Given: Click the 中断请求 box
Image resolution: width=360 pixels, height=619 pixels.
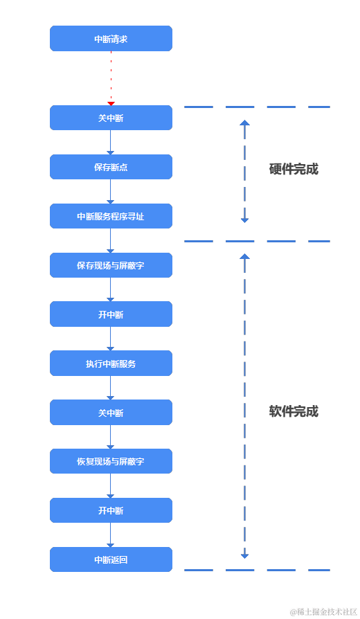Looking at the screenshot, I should pos(111,39).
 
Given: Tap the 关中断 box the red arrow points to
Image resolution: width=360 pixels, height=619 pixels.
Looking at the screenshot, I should pos(111,118).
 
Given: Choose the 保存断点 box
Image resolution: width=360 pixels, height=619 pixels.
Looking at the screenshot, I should pos(111,167).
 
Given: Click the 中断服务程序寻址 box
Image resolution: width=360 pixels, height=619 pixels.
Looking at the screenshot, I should pos(111,216).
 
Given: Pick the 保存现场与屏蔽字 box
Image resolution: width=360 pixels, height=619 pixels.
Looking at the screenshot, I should pos(111,265).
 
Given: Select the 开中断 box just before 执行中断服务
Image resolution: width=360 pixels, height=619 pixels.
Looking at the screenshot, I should pos(111,314).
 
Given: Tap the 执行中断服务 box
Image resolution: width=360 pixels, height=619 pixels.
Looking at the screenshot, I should pos(111,364).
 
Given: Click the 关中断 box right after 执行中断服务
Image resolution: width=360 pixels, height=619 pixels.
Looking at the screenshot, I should pos(111,413).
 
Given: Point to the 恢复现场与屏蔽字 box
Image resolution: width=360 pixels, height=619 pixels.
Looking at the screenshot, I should pos(111,461).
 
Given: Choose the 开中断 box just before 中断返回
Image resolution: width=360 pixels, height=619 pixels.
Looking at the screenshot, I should pos(111,510).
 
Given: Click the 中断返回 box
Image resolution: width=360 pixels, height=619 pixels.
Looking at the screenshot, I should pos(111,559).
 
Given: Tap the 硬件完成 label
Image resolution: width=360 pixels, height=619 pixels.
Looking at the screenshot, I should pos(294,169).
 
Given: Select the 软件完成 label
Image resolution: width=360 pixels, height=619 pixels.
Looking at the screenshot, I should pos(294,411).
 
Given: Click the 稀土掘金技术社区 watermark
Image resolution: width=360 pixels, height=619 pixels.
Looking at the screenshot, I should pos(323,610).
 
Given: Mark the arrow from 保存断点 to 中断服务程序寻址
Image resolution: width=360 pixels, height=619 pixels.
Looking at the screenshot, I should pos(111,192).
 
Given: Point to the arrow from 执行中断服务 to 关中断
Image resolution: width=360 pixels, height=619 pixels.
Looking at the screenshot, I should pos(111,388).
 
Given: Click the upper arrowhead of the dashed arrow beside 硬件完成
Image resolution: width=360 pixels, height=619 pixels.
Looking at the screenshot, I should pos(244,123).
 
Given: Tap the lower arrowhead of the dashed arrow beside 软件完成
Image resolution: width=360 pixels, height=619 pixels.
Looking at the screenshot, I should pos(244,555).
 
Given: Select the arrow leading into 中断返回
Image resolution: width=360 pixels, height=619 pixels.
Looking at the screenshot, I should pos(111,535).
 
